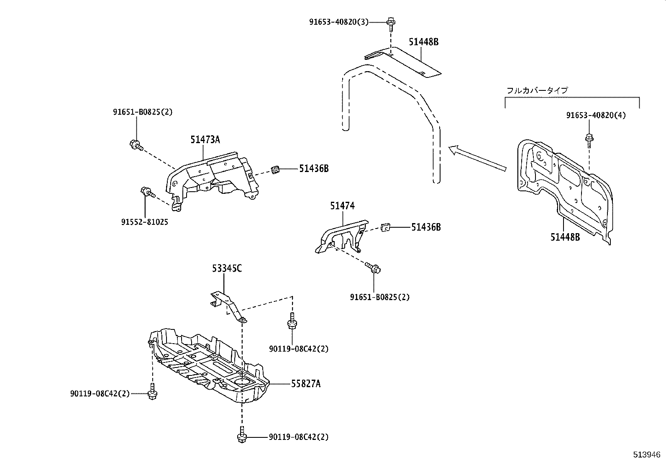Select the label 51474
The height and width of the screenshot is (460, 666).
[x=342, y=206]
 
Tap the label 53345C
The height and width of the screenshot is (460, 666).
[x=226, y=268]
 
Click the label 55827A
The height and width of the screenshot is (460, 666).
[x=306, y=383]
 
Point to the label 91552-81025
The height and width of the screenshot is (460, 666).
[x=145, y=222]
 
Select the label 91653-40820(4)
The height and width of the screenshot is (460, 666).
[x=596, y=115]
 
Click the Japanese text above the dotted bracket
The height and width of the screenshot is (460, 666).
[x=537, y=90]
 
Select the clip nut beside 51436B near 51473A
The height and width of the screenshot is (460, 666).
[x=275, y=170]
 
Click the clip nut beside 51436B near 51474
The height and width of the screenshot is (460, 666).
[x=386, y=228]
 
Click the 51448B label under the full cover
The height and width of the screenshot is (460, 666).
[x=565, y=237]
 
